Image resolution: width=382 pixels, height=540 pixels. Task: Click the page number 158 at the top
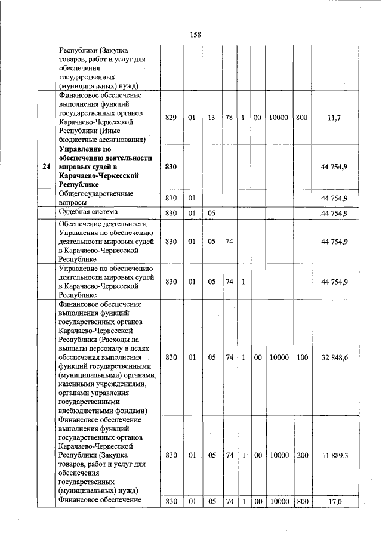(195, 34)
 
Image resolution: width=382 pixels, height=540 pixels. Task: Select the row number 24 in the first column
(47, 166)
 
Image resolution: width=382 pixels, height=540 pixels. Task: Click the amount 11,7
(334, 118)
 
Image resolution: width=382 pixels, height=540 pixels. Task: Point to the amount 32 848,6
(335, 357)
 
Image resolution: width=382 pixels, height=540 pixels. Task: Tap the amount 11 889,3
(335, 455)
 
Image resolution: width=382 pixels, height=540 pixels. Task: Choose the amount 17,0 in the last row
(335, 502)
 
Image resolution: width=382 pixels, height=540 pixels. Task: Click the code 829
(171, 118)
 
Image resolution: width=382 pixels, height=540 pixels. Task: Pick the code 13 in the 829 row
(211, 118)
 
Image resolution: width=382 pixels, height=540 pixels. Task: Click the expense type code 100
(301, 357)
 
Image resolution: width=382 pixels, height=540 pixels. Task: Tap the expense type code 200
(302, 455)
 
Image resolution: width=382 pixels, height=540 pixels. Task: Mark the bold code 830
(171, 166)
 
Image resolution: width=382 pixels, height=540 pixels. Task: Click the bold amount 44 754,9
(334, 166)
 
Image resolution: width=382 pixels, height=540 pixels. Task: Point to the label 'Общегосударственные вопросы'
(95, 198)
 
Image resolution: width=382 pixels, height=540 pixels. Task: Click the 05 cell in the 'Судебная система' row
(211, 212)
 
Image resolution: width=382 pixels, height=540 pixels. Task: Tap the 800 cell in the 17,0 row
(302, 502)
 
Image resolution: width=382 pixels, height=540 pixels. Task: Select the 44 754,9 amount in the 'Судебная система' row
(334, 212)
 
